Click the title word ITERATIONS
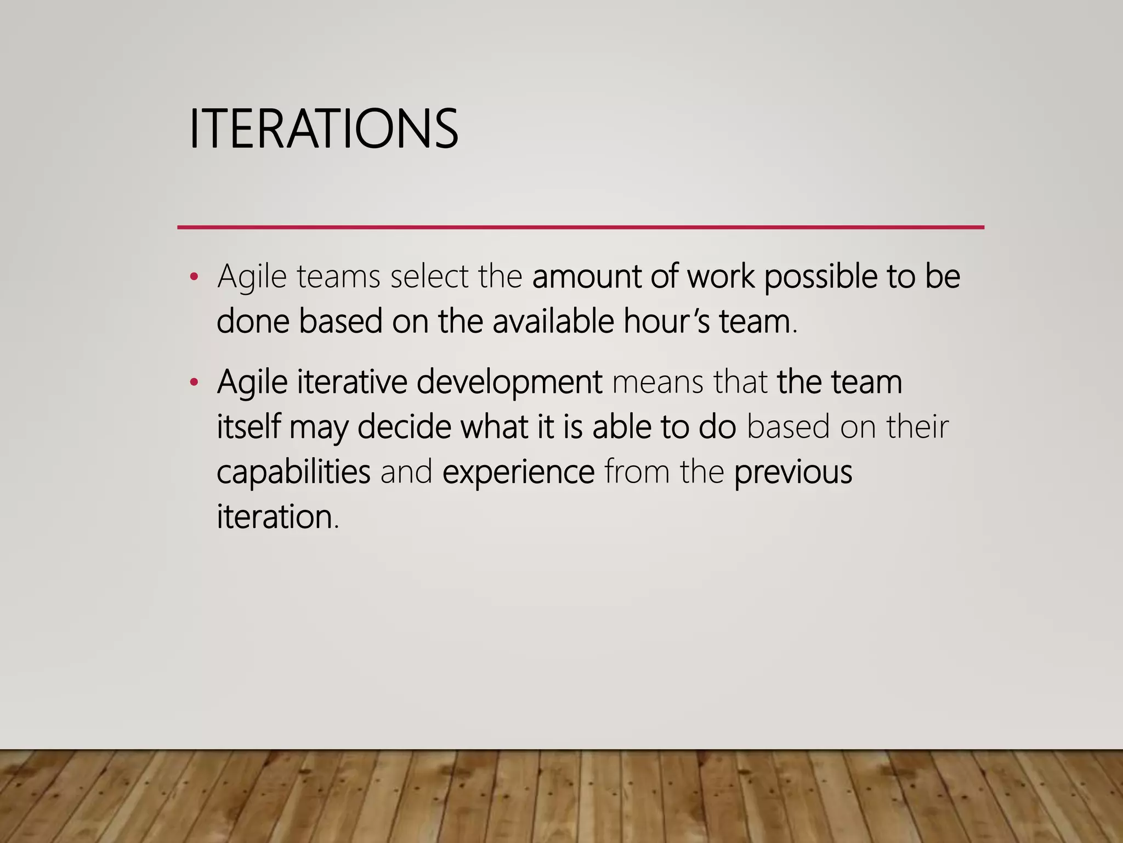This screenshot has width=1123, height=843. point(324,129)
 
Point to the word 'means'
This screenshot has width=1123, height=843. point(657,383)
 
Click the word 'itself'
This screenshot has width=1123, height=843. point(249,427)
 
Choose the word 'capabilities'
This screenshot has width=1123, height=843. point(294,472)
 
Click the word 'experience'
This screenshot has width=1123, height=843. point(519,473)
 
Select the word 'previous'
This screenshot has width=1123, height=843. point(793,472)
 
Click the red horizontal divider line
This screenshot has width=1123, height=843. point(581,227)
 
